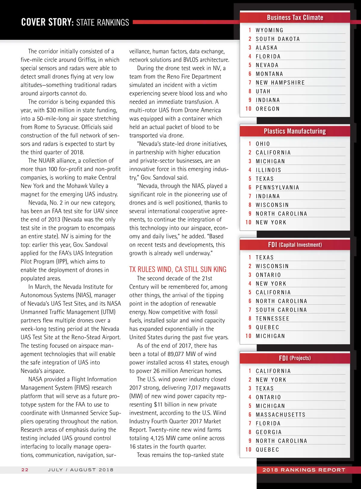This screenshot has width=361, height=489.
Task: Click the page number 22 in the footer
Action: [25, 469]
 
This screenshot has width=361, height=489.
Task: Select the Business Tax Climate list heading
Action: [295, 17]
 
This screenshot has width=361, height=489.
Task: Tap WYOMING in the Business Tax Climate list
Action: [270, 30]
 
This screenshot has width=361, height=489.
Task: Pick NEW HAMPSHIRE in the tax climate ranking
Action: [280, 82]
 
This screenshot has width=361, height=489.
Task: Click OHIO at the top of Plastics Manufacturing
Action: [263, 144]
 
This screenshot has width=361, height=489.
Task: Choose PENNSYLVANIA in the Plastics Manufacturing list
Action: [277, 187]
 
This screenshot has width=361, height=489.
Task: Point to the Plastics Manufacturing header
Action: [295, 131]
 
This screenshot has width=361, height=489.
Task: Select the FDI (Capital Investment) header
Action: [295, 245]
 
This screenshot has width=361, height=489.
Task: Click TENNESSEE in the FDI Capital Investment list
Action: [272, 318]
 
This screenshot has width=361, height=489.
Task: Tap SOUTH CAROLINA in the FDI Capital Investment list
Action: [281, 310]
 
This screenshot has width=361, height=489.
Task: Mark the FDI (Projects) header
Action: [295, 358]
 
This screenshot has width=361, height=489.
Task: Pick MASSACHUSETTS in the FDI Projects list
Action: [280, 415]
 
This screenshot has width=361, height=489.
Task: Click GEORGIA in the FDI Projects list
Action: [269, 432]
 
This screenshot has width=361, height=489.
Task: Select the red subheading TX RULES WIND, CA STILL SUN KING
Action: [178, 269]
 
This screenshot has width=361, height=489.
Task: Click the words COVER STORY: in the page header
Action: [47, 22]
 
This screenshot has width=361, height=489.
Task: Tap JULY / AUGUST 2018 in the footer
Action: [81, 469]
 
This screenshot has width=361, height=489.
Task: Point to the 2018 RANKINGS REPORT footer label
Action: [304, 470]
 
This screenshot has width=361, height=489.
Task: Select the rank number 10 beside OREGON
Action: [248, 109]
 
